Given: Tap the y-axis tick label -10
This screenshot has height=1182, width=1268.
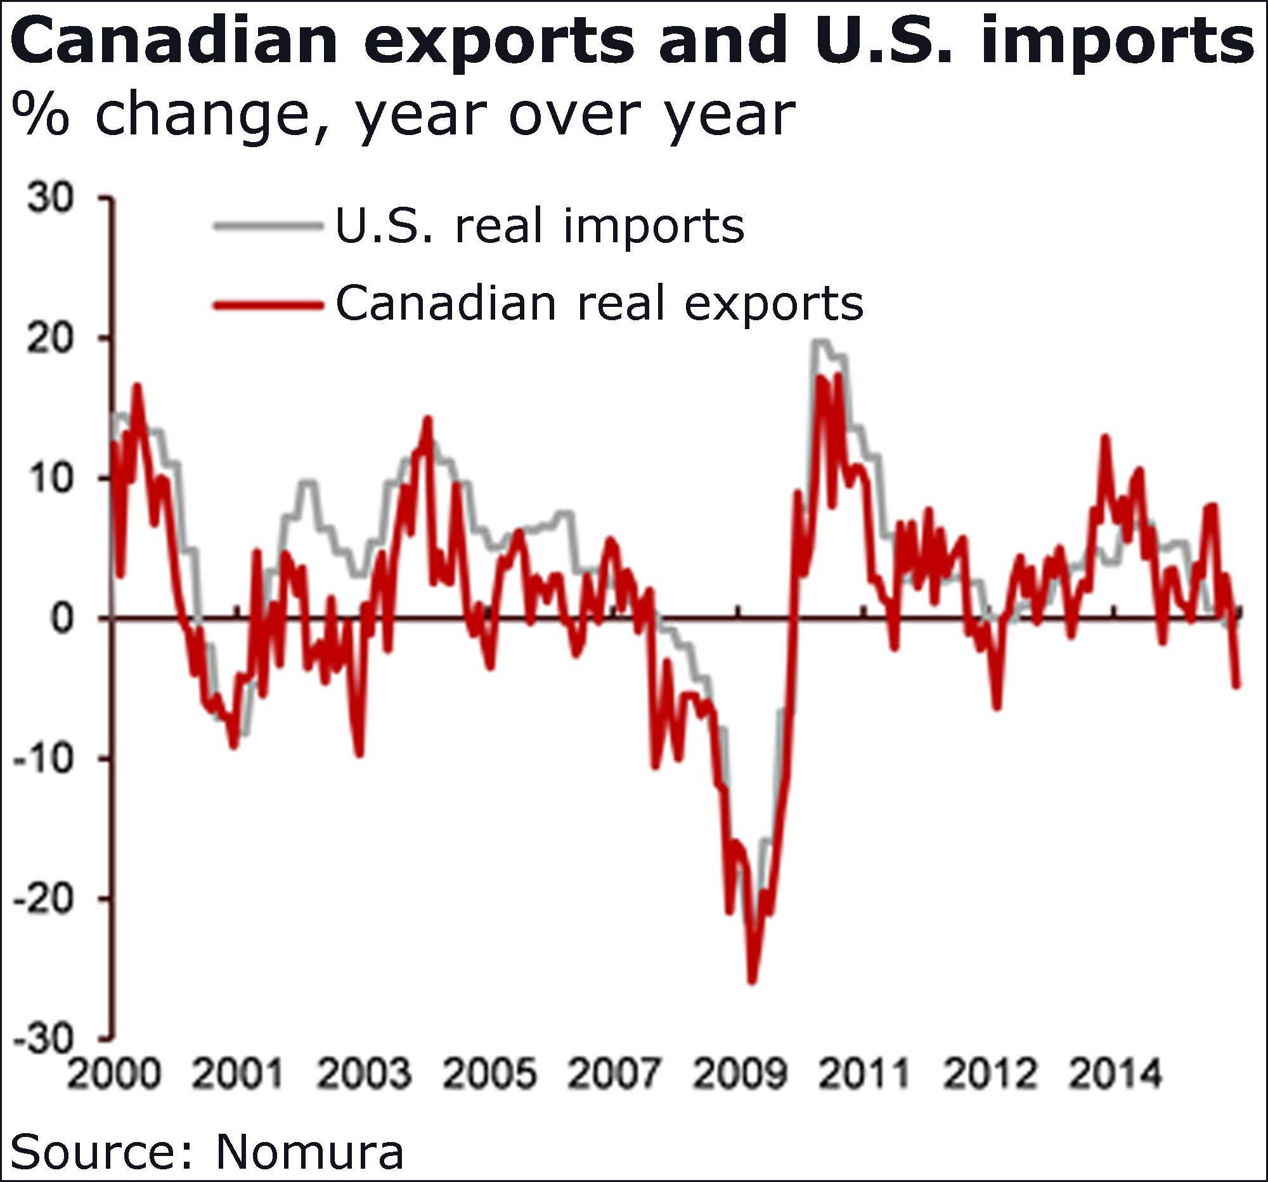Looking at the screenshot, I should (42, 760).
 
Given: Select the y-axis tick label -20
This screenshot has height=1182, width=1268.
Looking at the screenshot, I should (42, 899).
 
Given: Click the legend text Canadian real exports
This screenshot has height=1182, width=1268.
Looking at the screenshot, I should (599, 304).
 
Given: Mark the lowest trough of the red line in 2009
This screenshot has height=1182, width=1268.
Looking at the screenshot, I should (753, 982).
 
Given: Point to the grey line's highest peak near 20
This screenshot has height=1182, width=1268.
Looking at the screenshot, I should (819, 342).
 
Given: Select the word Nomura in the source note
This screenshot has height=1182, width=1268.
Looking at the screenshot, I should (309, 1152).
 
